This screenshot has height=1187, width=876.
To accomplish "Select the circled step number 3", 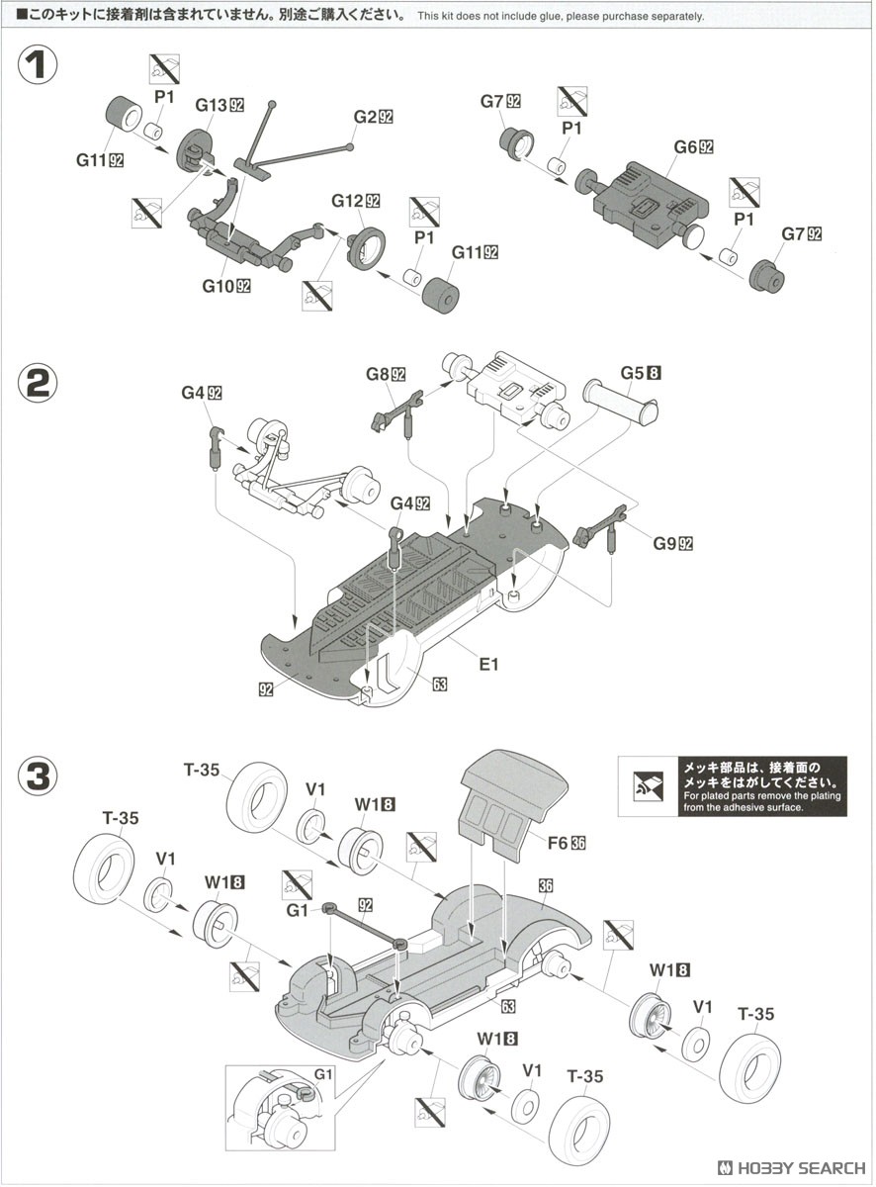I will point(38,776).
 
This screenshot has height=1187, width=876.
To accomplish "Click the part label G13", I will point(211,105).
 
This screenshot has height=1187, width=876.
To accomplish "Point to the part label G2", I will point(368,117).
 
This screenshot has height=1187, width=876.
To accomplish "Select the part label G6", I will point(686,147).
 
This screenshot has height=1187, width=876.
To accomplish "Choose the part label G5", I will point(633,374).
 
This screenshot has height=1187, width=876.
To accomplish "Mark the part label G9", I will point(664,542).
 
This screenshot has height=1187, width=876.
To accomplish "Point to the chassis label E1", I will point(488,664).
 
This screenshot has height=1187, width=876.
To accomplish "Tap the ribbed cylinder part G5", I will point(620,402).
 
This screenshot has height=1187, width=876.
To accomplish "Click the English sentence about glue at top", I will point(561,17).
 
